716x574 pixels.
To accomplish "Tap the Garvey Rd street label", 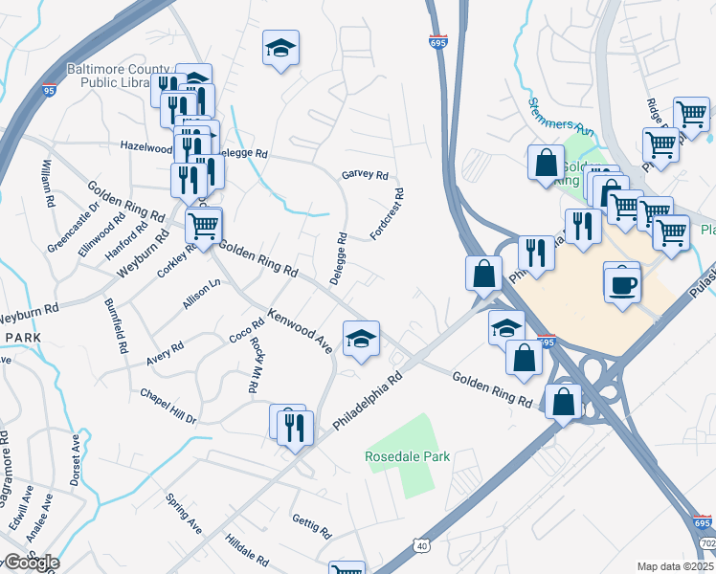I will click(x=365, y=175).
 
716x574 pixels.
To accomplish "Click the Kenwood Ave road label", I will click(x=300, y=331).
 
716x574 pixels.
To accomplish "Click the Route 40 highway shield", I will click(x=422, y=545).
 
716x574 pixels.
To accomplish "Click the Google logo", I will click(x=31, y=563).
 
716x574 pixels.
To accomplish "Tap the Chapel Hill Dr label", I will click(x=168, y=407).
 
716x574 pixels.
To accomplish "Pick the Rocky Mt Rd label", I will click(x=256, y=366).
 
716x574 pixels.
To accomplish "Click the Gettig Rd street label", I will click(x=311, y=526).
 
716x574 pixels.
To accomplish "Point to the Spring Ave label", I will click(x=184, y=513).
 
